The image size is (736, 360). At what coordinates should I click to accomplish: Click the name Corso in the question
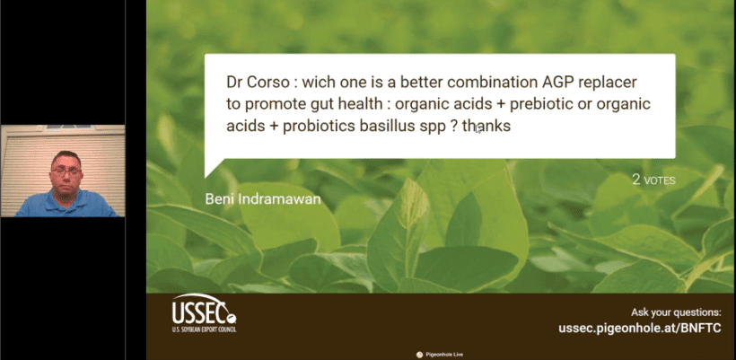tap(271, 82)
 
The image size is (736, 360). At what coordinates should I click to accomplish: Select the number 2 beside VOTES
tap(636, 180)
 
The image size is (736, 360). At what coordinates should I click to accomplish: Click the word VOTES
tap(660, 180)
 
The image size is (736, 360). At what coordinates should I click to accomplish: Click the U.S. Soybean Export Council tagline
tap(204, 329)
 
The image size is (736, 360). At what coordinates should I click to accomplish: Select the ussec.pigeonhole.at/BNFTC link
tap(640, 328)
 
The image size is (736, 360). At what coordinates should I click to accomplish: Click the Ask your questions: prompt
tap(676, 312)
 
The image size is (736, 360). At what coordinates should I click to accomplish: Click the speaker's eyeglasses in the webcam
tap(66, 172)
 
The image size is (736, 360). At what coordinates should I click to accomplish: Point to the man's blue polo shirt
tap(66, 204)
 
